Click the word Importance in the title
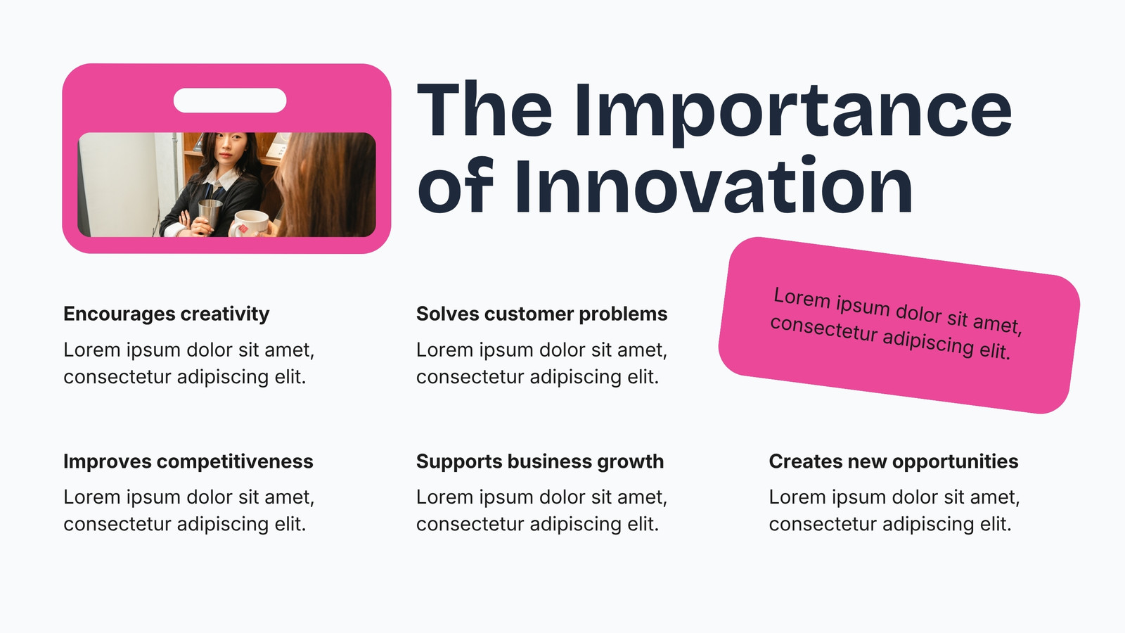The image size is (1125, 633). pos(793,112)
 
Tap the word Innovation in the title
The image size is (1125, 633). pos(714,186)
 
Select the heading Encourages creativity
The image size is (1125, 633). pos(166,314)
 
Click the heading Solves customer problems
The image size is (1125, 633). pos(541,314)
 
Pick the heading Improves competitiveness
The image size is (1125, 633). pos(188,461)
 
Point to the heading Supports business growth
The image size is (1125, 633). pos(540,461)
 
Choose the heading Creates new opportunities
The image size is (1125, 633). pos(894,461)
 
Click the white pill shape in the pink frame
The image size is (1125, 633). pos(230,101)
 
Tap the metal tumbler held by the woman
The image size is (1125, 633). pos(210,215)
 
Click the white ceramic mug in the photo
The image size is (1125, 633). pos(250,224)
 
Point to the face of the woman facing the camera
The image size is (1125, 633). pos(227,149)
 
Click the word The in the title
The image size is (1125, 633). pos(484,110)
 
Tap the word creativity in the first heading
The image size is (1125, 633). pos(224,314)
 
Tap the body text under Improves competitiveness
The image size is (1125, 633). pos(189,511)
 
